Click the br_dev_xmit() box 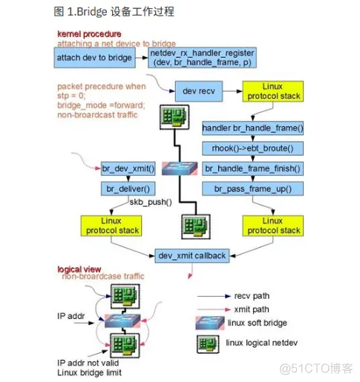[129, 168]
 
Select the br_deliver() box [129, 189]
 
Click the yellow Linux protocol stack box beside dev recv [272, 92]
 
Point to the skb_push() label [151, 202]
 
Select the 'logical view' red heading [80, 269]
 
